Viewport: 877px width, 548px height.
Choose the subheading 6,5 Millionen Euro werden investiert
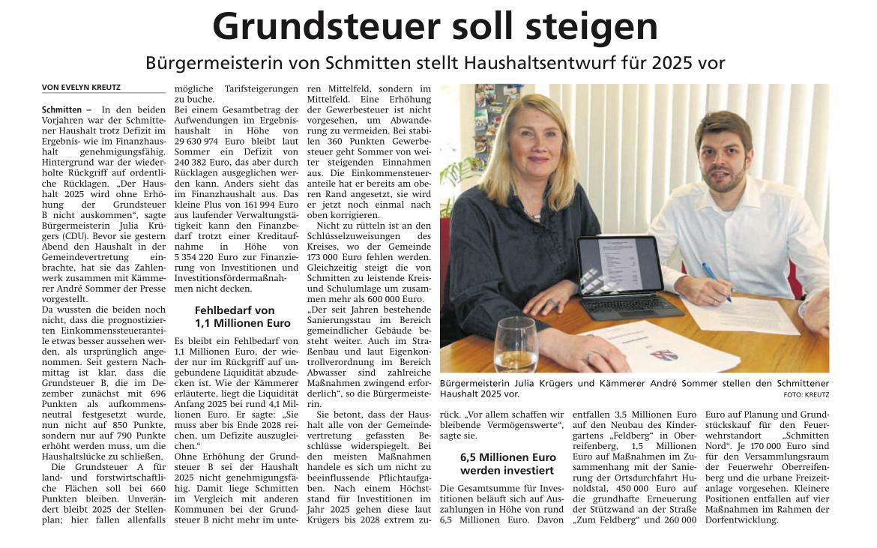507,463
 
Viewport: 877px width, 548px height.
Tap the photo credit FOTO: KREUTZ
806,394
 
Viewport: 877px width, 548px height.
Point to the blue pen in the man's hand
715,281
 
